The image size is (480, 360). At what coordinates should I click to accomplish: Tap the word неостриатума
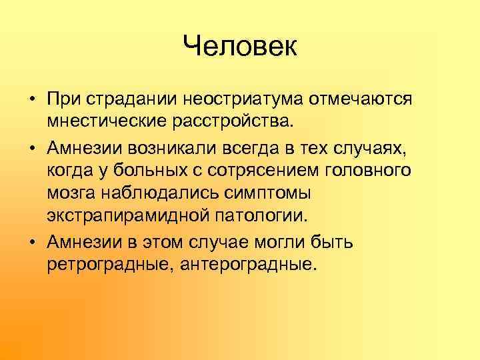point(246,99)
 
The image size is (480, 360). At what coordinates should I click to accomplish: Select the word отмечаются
point(361,99)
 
